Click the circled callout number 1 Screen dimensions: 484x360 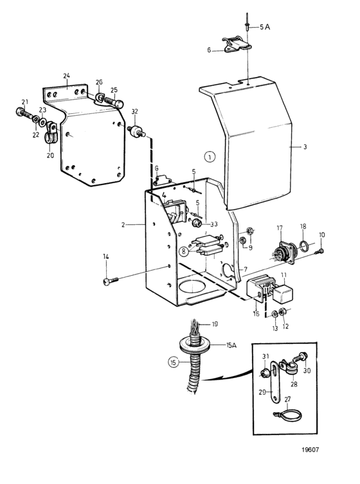[x=209, y=156]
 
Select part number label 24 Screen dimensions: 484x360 [x=66, y=75]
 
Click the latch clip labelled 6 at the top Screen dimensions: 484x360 [x=234, y=46]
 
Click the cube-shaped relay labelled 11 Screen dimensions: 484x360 [x=282, y=291]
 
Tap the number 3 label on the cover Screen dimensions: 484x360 [x=305, y=147]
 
